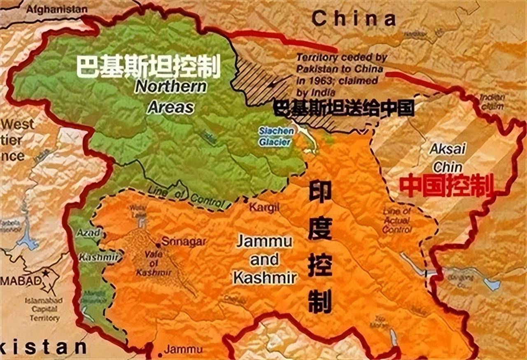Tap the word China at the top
pos(354,19)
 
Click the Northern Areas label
pos(171,97)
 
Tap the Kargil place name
pos(264,207)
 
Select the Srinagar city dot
pos(158,245)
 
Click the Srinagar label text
pos(183,242)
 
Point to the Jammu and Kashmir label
pos(264,259)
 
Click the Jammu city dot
pos(160,355)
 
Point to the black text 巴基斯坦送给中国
pos(344,108)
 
